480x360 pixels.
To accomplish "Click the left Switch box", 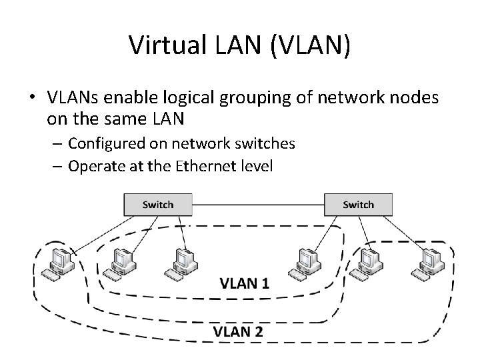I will point(158,205).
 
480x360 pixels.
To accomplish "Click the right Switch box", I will point(358,205).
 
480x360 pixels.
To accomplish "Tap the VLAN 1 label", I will point(245,283).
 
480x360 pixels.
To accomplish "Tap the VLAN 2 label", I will point(238,331).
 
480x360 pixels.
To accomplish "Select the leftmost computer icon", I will point(58,262).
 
